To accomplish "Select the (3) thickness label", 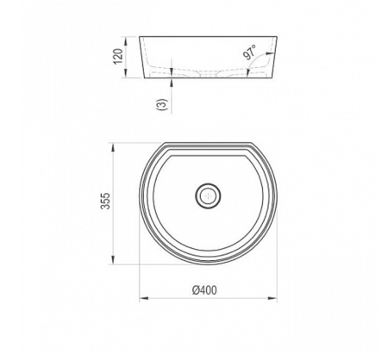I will (x=161, y=106).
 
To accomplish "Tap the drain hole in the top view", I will (x=207, y=196).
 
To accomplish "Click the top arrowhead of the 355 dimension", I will (x=115, y=144).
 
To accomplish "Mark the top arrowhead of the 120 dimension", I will (x=127, y=39).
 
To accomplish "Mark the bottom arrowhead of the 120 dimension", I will (x=127, y=76).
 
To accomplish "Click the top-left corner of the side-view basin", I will (x=140, y=36).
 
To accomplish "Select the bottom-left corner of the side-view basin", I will (x=145, y=78).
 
